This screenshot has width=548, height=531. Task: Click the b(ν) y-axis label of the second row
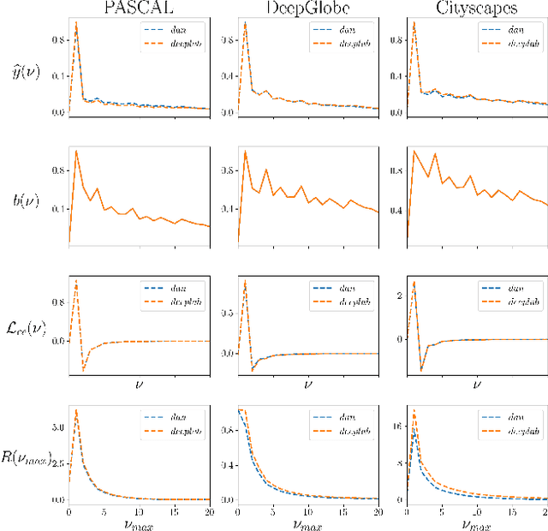coord(32,202)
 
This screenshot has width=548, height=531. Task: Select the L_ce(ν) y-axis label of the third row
coord(27,326)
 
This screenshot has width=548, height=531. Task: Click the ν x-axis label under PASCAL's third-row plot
coord(140,385)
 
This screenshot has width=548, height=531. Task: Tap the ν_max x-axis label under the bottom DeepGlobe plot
coord(307,520)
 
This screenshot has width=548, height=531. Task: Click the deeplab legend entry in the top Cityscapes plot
coord(520,40)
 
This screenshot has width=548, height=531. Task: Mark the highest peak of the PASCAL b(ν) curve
coord(76,152)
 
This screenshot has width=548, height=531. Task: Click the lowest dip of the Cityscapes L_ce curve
coord(421,370)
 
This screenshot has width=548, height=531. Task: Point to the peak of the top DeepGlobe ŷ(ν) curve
coord(245,22)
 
